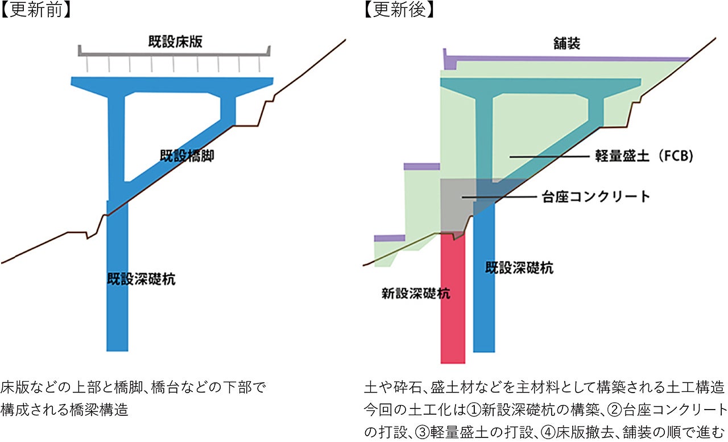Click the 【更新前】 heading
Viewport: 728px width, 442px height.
click(35, 11)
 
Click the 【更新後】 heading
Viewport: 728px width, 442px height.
click(399, 11)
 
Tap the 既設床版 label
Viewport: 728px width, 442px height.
click(172, 41)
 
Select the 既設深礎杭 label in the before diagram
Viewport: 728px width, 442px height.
click(141, 279)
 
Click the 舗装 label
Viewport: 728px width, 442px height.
click(566, 43)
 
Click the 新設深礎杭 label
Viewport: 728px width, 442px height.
click(416, 294)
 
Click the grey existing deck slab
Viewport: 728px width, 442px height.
click(173, 52)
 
